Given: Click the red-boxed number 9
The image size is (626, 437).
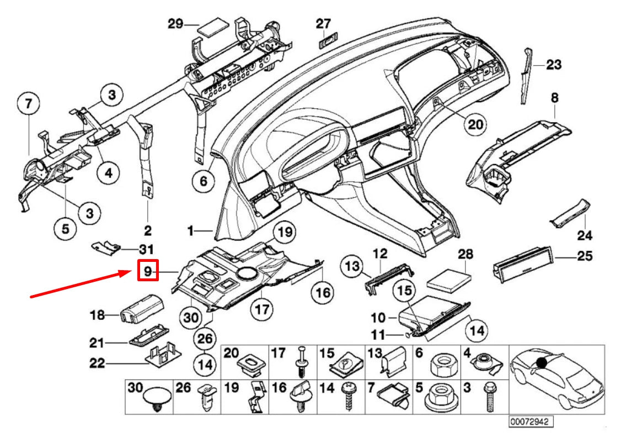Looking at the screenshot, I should pos(148,271).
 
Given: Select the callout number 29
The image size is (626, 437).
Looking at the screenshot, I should pos(175,24).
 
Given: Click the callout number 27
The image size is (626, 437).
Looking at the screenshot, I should pos(323,24).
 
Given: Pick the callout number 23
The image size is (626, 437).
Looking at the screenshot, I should pos(553,65).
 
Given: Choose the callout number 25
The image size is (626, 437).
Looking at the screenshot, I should pos(584,256).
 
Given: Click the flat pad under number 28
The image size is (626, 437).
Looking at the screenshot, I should pos(451,277).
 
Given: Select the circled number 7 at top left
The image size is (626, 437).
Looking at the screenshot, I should pos(29,103).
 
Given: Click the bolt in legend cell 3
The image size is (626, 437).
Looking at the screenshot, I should pos(488,397).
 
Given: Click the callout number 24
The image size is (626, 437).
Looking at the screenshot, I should pos(585,236).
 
